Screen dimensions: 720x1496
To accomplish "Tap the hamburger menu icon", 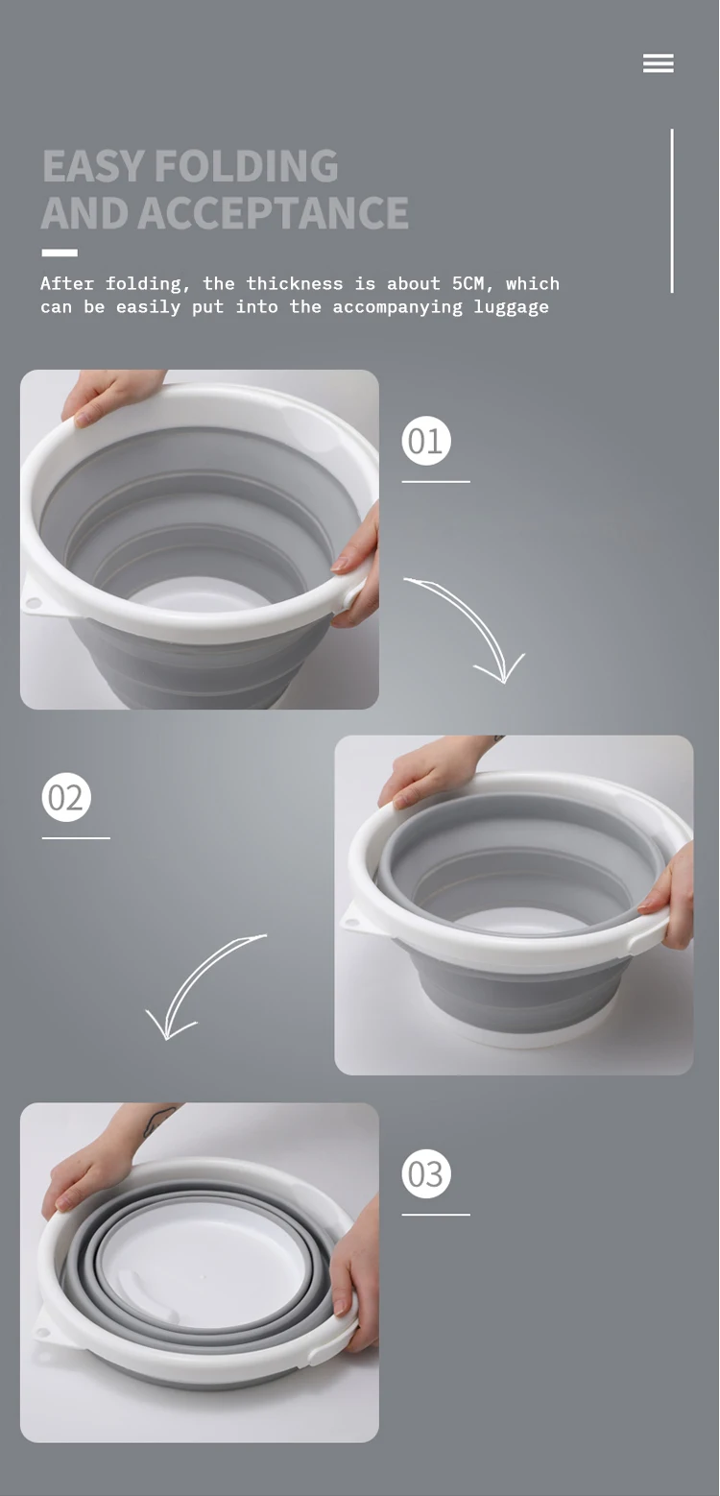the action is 658,63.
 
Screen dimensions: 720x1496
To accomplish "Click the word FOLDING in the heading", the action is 247,166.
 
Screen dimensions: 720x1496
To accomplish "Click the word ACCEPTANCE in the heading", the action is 274,213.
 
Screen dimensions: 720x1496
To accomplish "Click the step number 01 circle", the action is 426,441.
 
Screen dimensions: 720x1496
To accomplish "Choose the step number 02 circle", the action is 66,797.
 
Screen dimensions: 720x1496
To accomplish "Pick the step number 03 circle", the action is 426,1174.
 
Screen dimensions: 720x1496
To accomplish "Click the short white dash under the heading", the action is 60,253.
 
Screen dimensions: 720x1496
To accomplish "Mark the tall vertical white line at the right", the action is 672,211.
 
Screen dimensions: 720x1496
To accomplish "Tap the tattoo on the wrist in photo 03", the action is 159,1121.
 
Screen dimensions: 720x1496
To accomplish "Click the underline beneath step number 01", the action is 436,481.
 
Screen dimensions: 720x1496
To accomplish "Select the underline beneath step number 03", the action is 436,1215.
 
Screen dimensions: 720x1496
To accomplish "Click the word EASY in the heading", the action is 94,166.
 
